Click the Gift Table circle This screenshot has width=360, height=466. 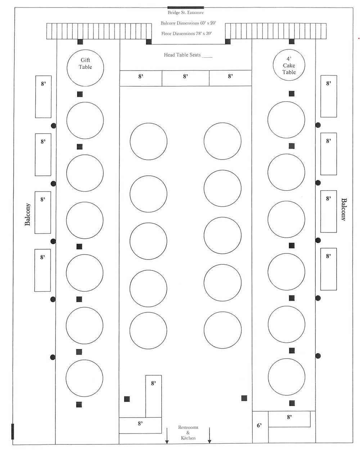(85, 68)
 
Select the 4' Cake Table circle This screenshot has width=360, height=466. (289, 65)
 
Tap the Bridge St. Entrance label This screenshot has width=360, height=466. (186, 13)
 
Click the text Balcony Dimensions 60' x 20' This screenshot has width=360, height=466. (188, 23)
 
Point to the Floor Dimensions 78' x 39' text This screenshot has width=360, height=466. (186, 33)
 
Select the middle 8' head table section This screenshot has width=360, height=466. (185, 78)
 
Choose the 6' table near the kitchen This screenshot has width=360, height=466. (260, 427)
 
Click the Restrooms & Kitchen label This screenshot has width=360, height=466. (188, 433)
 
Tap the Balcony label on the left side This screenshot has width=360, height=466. (28, 214)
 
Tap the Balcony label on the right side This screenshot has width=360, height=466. (343, 209)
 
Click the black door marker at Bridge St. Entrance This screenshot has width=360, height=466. (186, 7)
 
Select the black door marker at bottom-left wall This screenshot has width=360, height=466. (13, 431)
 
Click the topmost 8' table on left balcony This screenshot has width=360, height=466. (43, 97)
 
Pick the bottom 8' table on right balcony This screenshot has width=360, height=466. (328, 269)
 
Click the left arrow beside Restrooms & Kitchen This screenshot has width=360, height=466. (167, 435)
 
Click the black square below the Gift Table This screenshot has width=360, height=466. (80, 94)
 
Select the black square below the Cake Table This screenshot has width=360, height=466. (292, 94)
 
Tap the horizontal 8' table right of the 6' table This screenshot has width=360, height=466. (289, 419)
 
